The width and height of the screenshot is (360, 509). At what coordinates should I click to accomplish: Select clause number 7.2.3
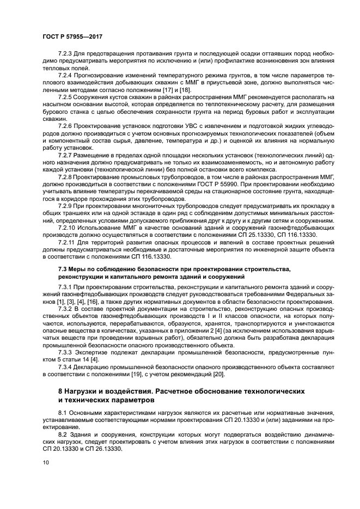click(66, 56)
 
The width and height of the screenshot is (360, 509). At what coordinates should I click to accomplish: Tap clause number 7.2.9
click(66, 207)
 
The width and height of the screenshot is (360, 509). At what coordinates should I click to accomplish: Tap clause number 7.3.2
click(66, 308)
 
